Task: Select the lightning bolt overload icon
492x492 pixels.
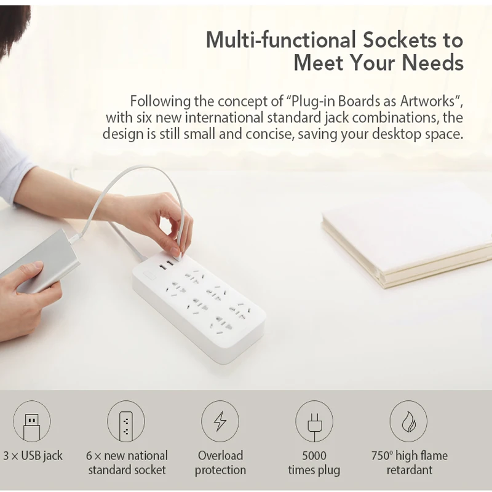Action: [x=220, y=421]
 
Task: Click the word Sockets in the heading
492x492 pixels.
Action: [x=399, y=40]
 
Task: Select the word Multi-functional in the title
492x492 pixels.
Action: [x=281, y=40]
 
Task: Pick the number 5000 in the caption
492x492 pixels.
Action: [x=314, y=455]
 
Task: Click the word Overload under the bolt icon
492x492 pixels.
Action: [x=220, y=455]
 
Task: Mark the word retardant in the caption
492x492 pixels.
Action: [x=409, y=470]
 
